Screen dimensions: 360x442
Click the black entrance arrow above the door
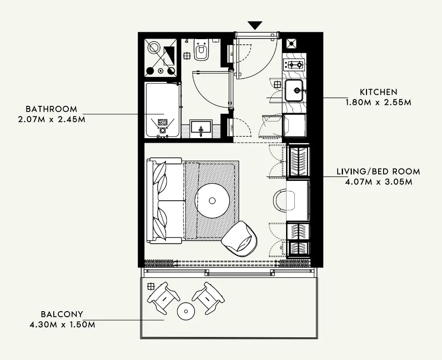[x=255, y=25]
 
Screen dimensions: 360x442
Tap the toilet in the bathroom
[x=201, y=50]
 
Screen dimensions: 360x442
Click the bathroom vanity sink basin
[x=201, y=128]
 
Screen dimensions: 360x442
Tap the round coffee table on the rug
[x=212, y=201]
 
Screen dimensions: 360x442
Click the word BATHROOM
[x=51, y=110]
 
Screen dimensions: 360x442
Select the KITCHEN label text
[x=378, y=93]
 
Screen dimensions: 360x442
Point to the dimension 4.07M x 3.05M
[x=378, y=181]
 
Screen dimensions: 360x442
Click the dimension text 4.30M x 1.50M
[x=61, y=325]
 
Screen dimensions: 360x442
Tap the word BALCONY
[x=61, y=315]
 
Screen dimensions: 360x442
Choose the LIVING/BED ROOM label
[x=378, y=172]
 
